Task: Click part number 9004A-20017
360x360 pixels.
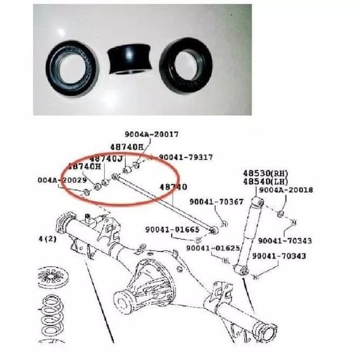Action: (152, 134)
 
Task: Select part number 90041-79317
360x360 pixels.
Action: (186, 157)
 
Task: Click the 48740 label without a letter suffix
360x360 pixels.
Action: (173, 187)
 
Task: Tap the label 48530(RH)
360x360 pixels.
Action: (265, 173)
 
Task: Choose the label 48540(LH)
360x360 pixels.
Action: (265, 181)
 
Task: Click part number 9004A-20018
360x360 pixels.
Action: (285, 190)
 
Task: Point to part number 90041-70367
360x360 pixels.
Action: (216, 202)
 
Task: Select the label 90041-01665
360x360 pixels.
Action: (172, 229)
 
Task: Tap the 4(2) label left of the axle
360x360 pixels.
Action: (47, 239)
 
